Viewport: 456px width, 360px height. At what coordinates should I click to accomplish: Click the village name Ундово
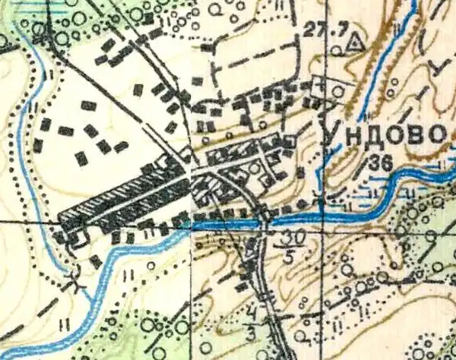tap(383, 134)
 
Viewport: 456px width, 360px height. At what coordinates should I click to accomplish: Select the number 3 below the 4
tap(252, 330)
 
